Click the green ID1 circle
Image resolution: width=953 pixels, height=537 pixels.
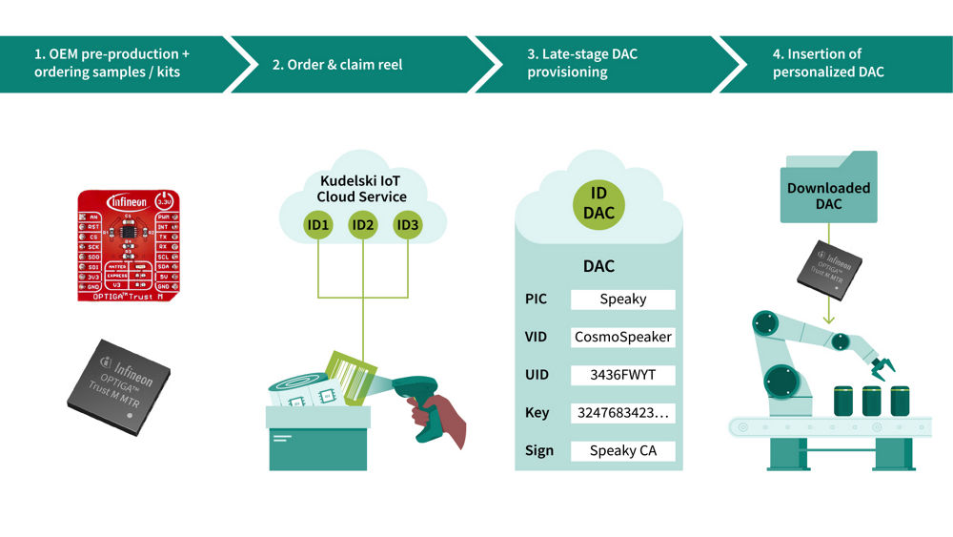[x=317, y=225]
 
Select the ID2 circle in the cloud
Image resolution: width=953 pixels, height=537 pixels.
[x=362, y=225]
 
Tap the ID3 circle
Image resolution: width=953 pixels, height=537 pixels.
[x=408, y=225]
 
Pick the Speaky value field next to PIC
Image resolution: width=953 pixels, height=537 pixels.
[x=622, y=299]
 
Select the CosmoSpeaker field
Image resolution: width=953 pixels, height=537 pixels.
[x=622, y=337]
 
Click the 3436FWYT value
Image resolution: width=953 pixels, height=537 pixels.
[x=622, y=375]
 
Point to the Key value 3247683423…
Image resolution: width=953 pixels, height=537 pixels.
[x=622, y=413]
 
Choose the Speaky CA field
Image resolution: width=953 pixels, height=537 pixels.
[x=622, y=450]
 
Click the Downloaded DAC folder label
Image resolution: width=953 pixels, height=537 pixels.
[x=828, y=196]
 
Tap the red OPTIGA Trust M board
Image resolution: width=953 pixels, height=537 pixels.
[x=127, y=245]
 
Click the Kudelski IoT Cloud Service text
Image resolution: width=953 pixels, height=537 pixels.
[x=362, y=188]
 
